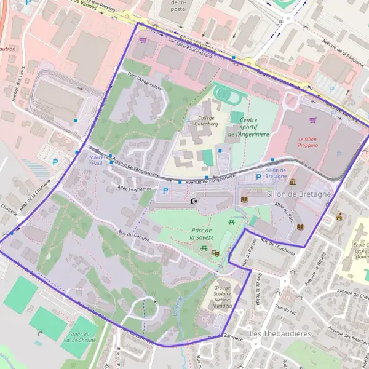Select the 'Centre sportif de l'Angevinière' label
pos(248,127)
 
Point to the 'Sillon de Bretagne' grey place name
pos(299,194)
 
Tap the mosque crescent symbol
pos(195,201)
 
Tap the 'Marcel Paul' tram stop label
pos(97,161)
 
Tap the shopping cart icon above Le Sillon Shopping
pos(313,121)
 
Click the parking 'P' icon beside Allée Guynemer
pos(165,191)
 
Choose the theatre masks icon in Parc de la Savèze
pos(216,253)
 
